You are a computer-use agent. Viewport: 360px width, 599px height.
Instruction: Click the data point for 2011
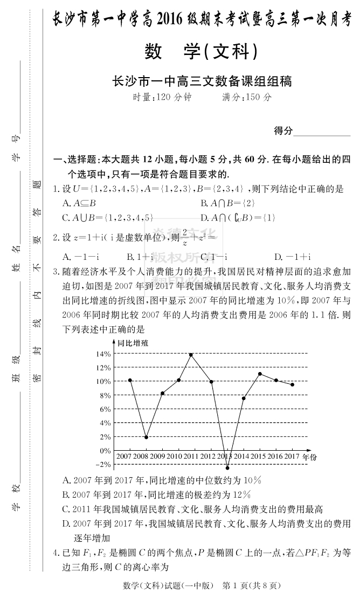(x=191, y=355)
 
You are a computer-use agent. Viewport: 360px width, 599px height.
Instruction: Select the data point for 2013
(x=227, y=468)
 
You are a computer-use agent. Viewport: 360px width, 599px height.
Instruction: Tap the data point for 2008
(x=146, y=437)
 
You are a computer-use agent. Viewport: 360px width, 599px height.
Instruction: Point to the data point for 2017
(x=292, y=384)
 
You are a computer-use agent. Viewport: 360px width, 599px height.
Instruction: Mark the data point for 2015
(x=260, y=374)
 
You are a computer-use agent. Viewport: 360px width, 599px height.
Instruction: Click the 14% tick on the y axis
(x=103, y=354)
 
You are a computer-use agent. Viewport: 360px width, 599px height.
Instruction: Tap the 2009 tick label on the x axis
(x=157, y=457)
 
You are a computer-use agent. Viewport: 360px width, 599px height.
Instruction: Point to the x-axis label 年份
(x=310, y=457)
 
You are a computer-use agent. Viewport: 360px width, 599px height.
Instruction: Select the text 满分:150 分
(x=247, y=98)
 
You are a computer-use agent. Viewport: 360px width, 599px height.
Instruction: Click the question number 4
(x=56, y=552)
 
